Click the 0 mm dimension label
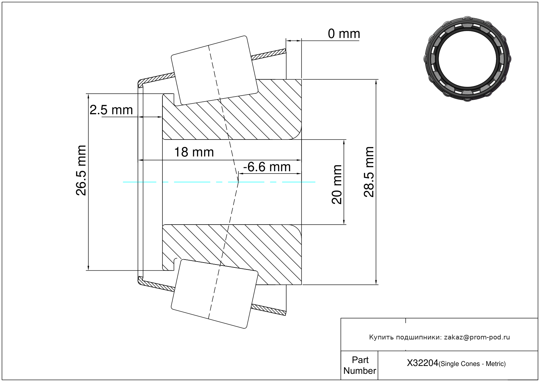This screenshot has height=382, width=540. click(344, 34)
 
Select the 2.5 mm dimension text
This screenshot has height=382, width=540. click(111, 110)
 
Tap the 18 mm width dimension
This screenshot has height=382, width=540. click(194, 152)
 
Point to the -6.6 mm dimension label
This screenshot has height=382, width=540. click(267, 167)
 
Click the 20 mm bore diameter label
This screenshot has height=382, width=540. click(337, 184)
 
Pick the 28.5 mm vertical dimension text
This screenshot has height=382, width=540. click(369, 172)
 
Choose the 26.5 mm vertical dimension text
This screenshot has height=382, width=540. click(81, 170)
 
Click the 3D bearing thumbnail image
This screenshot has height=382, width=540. click(467, 58)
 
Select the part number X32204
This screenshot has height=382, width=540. click(422, 363)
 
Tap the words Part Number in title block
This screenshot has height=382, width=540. click(360, 365)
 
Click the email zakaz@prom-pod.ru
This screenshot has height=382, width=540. click(477, 337)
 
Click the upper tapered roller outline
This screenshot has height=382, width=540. click(214, 70)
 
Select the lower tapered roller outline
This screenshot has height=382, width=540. click(214, 294)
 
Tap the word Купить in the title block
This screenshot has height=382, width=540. click(381, 337)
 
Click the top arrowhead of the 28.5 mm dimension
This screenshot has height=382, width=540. click(376, 82)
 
